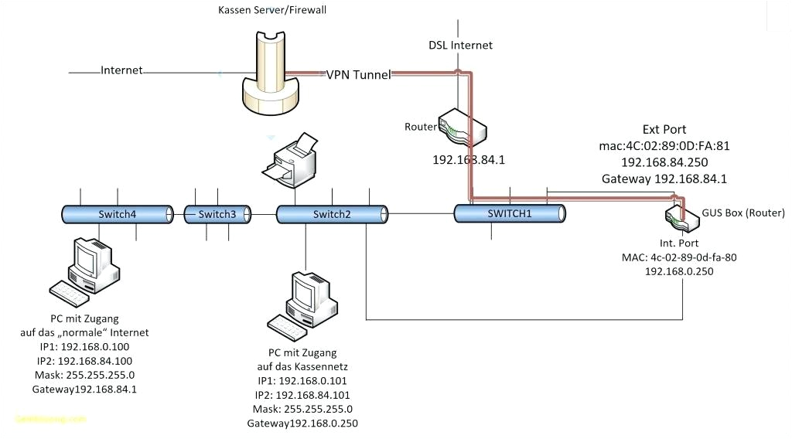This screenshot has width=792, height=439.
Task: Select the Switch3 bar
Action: (217, 214)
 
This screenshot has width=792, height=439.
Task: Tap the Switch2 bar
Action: (332, 214)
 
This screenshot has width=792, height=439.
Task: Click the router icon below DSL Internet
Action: (462, 127)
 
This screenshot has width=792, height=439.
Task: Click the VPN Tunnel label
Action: (358, 75)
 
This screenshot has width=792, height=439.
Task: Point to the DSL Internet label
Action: (461, 45)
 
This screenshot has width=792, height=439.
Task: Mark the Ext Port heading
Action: (664, 129)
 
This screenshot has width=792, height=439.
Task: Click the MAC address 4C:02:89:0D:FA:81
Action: (664, 145)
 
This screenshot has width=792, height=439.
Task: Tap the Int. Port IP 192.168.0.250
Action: (678, 271)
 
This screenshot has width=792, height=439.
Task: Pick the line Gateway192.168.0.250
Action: (302, 424)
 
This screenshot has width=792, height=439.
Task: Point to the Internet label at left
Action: (121, 70)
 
